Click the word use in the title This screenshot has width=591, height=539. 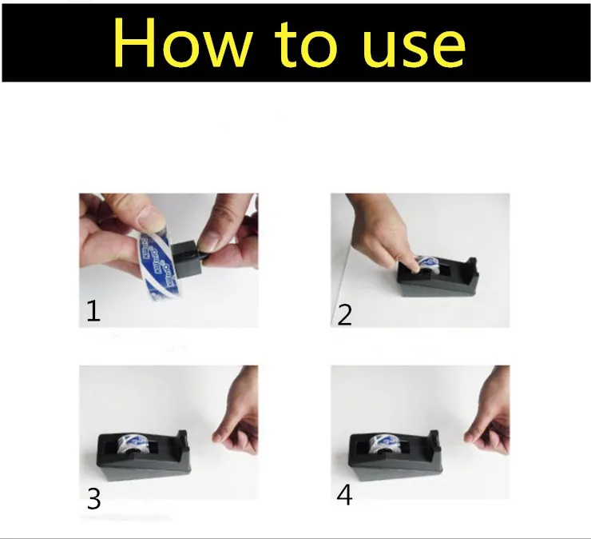pyautogui.click(x=412, y=46)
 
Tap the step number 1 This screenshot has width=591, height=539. pyautogui.click(x=93, y=310)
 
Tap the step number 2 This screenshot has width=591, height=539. pyautogui.click(x=344, y=314)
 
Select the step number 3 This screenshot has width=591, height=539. pyautogui.click(x=93, y=499)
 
